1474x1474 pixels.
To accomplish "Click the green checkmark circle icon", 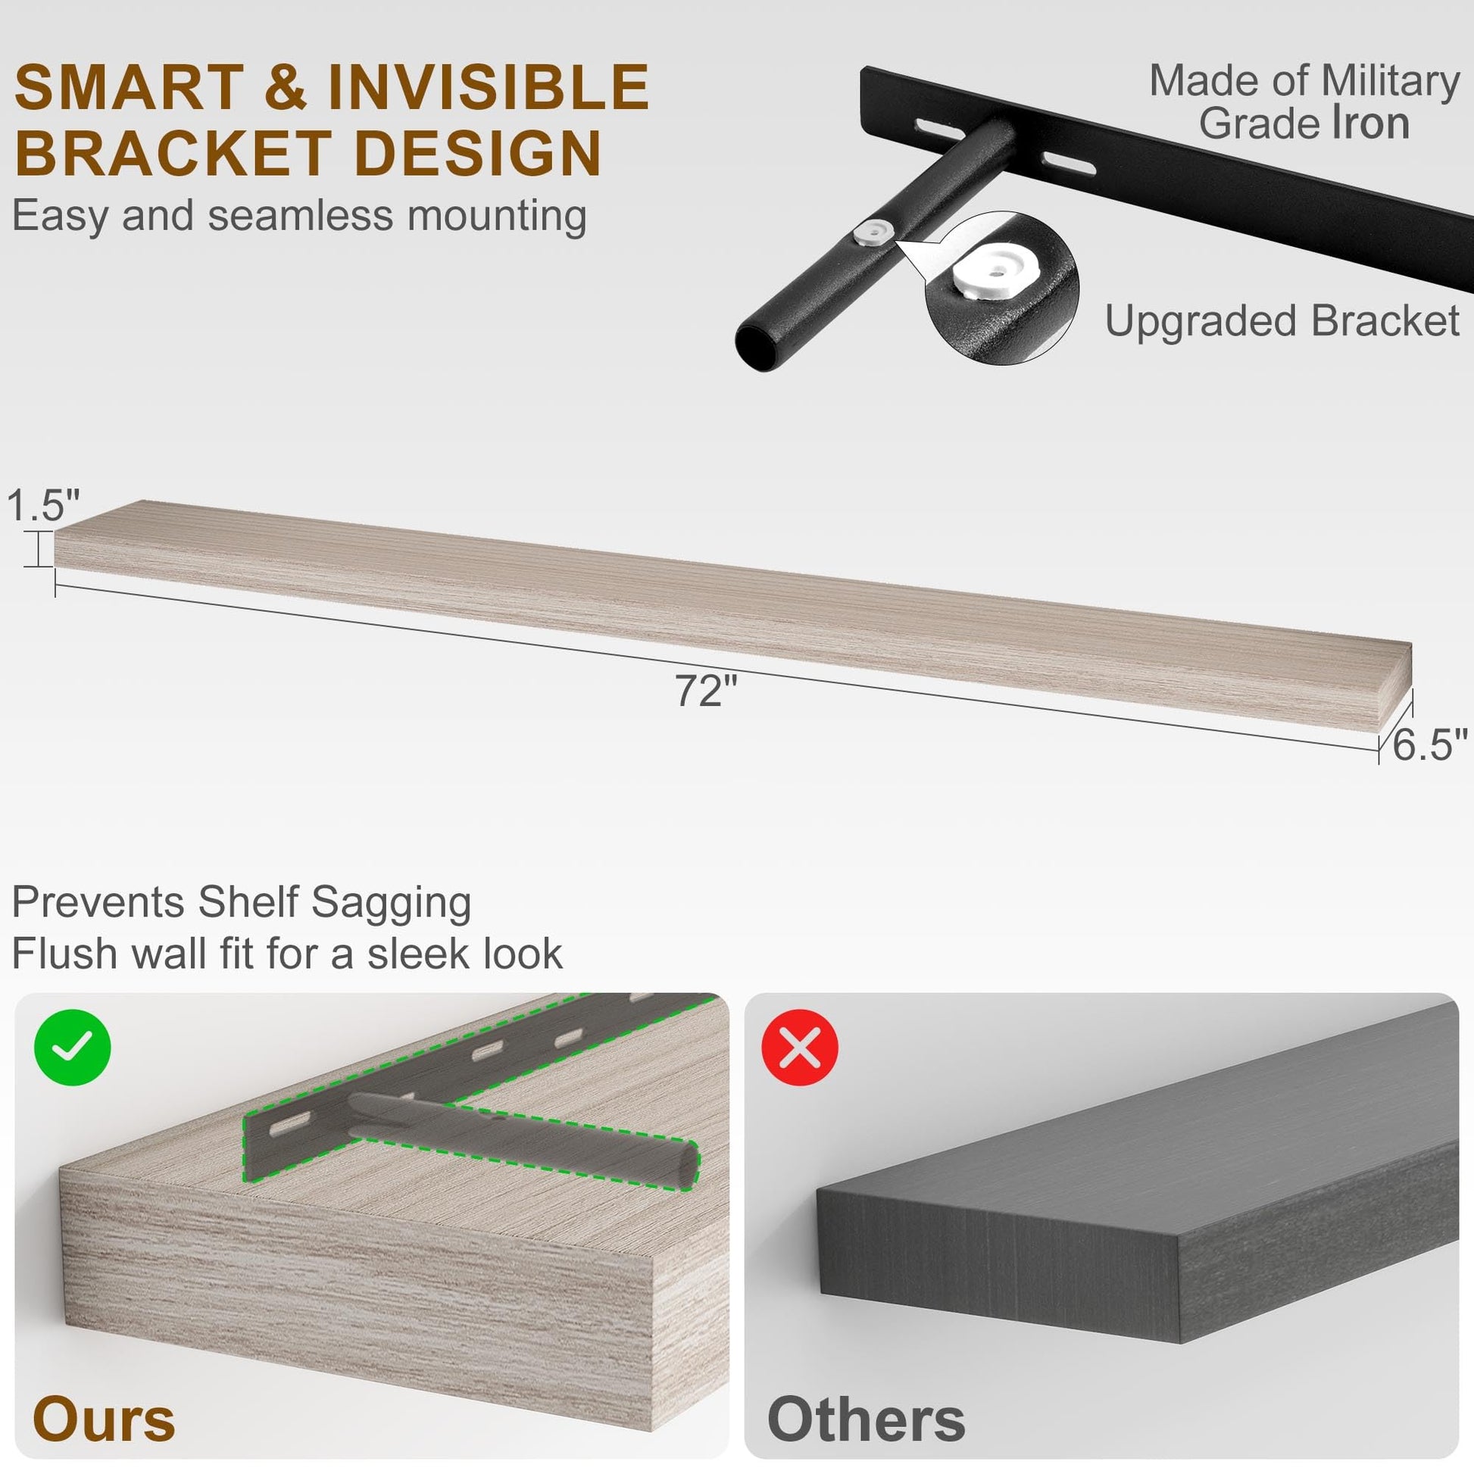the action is coord(73,1047).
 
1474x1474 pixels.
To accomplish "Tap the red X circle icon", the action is coord(801,1047).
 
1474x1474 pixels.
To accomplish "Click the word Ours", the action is coord(104,1419).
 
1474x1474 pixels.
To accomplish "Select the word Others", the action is coord(866,1419).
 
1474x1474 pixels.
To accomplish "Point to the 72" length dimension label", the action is coord(706,691).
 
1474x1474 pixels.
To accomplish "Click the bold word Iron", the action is coord(1370,123).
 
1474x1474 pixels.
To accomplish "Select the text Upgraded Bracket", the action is coord(1282,320).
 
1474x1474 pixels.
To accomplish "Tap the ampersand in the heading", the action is coord(286,88).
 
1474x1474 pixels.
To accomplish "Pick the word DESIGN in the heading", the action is coord(479,152).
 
